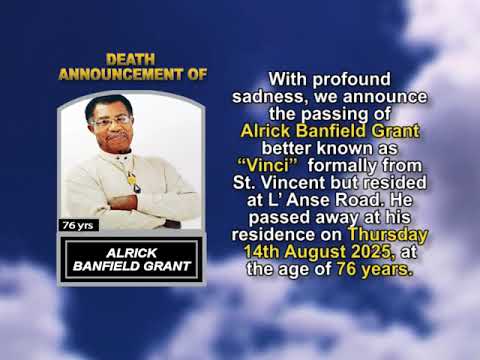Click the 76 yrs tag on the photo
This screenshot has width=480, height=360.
click(77, 225)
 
